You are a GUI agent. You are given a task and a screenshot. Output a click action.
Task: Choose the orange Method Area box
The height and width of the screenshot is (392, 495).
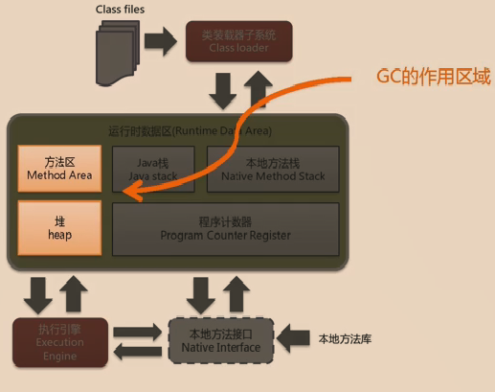59,169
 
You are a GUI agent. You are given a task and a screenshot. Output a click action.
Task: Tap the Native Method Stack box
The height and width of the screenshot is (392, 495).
272,169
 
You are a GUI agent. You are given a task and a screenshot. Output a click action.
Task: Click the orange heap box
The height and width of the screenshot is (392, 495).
59,226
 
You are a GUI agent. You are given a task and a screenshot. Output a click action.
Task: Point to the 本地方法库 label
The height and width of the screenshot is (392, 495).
346,338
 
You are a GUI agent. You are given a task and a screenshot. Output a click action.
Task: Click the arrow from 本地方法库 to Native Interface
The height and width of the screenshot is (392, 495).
295,338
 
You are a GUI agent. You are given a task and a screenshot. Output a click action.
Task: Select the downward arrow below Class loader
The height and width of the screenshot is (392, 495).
223,91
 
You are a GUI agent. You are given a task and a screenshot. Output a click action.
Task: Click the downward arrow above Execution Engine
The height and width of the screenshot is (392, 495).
40,293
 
